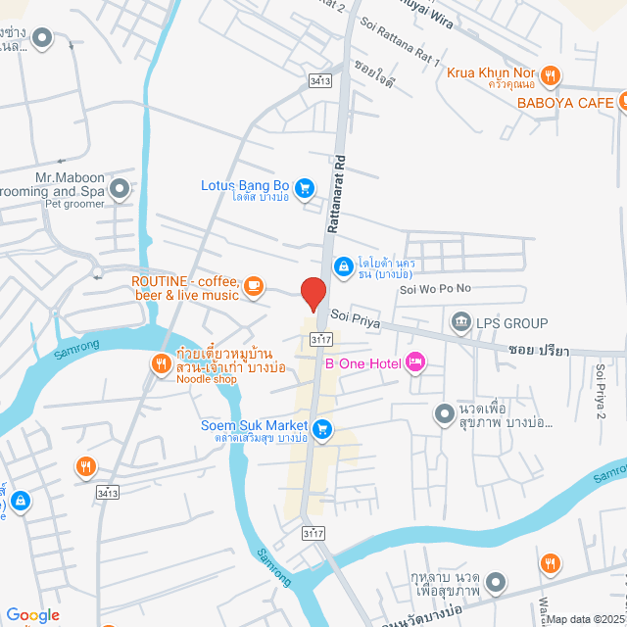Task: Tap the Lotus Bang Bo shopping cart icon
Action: point(305,186)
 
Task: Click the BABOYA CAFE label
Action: point(564,102)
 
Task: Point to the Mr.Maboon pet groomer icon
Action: point(120,187)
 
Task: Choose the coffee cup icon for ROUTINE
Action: point(254,286)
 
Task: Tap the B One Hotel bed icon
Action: point(415,363)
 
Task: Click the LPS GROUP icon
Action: point(459,322)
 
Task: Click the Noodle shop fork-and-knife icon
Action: point(161,364)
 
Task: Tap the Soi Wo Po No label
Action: point(435,289)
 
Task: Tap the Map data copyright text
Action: point(584,619)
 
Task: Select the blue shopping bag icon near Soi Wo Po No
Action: point(343,265)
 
